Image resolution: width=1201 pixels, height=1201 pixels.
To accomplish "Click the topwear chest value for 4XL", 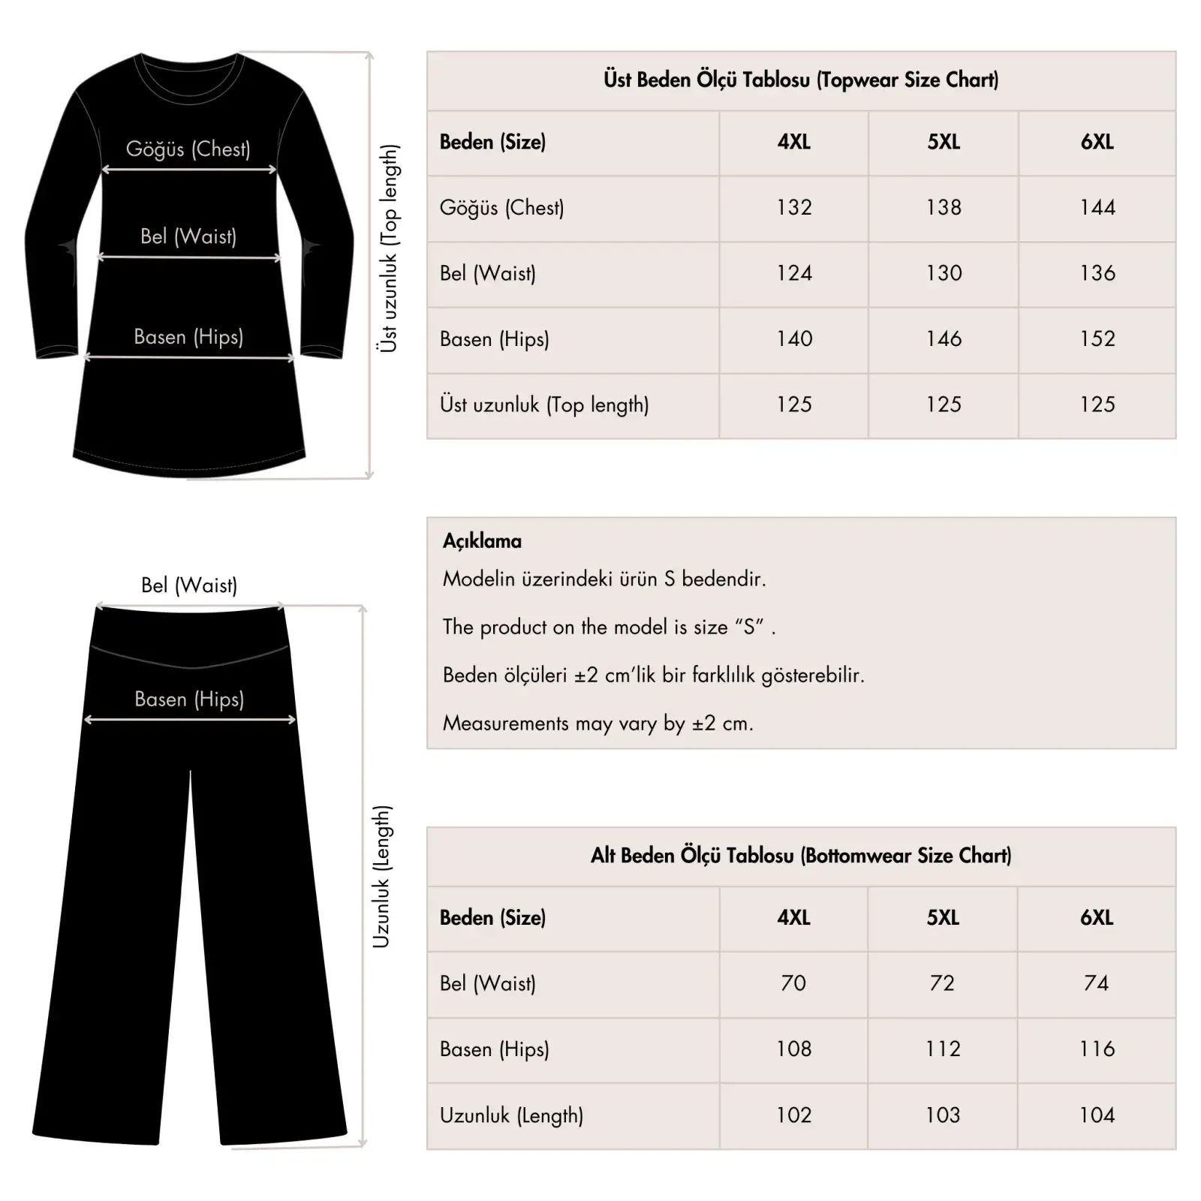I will click(x=794, y=207).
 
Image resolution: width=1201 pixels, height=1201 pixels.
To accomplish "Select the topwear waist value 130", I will click(x=944, y=273).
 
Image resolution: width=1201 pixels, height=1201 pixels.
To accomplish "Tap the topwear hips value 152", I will click(x=1097, y=339).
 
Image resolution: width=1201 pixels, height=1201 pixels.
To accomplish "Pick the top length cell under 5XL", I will click(x=944, y=405).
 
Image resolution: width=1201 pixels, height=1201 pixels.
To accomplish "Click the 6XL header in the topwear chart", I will click(x=1097, y=142).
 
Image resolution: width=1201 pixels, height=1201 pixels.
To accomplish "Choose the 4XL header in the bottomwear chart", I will click(x=793, y=917).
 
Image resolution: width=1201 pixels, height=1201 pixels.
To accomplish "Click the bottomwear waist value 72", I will click(x=942, y=983).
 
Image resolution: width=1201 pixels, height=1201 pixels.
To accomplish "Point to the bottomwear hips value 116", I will click(x=1097, y=1049).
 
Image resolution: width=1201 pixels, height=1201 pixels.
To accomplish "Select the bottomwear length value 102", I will click(x=793, y=1115).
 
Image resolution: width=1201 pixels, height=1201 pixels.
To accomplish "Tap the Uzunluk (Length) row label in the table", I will click(x=511, y=1115).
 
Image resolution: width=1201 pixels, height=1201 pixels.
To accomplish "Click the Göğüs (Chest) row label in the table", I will click(x=501, y=208).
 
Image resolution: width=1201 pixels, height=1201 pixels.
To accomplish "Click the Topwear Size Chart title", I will click(x=801, y=80).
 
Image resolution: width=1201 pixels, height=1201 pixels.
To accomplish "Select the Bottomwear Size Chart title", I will click(x=801, y=856).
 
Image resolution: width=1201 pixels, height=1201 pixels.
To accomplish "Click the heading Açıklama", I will click(x=482, y=541).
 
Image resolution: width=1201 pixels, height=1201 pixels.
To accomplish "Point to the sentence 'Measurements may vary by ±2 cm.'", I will click(x=597, y=724).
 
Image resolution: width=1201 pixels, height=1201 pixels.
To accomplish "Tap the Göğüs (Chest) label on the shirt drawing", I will click(x=188, y=149).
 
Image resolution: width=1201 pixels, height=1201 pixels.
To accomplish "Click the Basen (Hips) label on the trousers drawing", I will click(x=189, y=700).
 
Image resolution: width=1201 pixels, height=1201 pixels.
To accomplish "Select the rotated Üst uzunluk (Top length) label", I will click(x=388, y=248).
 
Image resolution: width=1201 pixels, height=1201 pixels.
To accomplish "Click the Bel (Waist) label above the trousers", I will click(x=189, y=585).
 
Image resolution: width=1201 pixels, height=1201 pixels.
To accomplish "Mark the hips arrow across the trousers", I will click(x=190, y=720).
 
